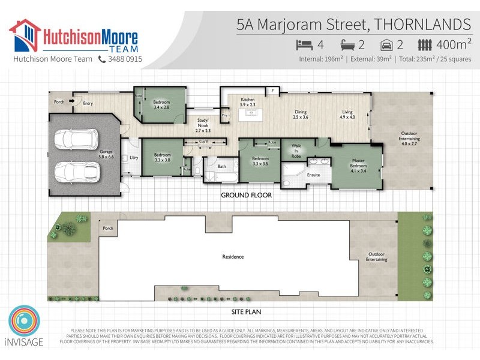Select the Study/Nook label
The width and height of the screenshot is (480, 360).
pos(203,127)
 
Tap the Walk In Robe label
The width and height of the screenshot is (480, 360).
pos(296,151)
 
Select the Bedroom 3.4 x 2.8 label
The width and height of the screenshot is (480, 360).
pos(161,105)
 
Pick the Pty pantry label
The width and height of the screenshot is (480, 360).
pos(225,115)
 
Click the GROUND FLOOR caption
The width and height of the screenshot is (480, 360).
pos(246,195)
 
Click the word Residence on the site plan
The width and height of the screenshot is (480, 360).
pos(233,257)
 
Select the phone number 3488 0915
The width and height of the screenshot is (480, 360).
pos(125,59)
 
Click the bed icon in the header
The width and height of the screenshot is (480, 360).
pos(305,44)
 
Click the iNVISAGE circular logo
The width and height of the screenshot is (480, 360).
pos(24,322)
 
